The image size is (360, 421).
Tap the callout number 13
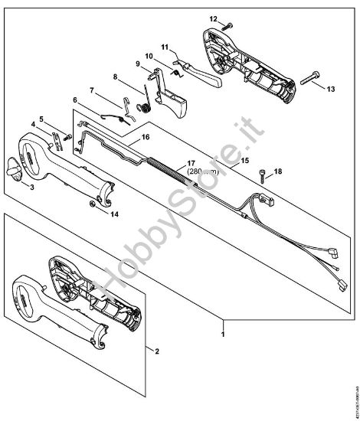coord(332,90)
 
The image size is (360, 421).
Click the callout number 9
coord(138,65)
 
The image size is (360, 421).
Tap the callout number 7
coord(91,91)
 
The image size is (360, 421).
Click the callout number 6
coord(75,100)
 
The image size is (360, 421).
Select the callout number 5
coord(44,119)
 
